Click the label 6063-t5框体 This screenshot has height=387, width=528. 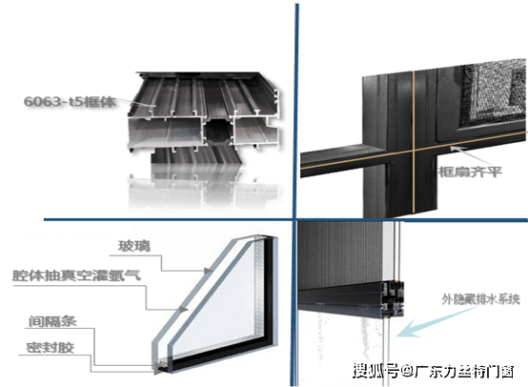pos(70,101)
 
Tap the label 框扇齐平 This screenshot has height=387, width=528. pos(470,172)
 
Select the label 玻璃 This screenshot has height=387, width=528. pos(134,246)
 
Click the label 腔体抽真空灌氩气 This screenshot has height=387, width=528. pos(76,275)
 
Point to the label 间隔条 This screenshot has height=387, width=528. pos(52,321)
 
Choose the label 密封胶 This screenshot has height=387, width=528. pos(51,347)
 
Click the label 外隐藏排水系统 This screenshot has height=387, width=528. pos(481,298)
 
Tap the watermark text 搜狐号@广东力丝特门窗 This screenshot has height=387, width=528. pos(433,371)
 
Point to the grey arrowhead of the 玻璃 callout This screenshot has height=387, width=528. pos(208,271)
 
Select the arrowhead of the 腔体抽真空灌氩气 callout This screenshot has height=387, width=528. pos(183,309)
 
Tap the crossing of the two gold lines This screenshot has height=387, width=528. pos(414,151)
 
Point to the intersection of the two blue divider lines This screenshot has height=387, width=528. pos(295,220)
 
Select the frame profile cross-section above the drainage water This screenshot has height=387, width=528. pos(392,299)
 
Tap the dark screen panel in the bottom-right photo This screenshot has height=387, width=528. pos(340,255)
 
